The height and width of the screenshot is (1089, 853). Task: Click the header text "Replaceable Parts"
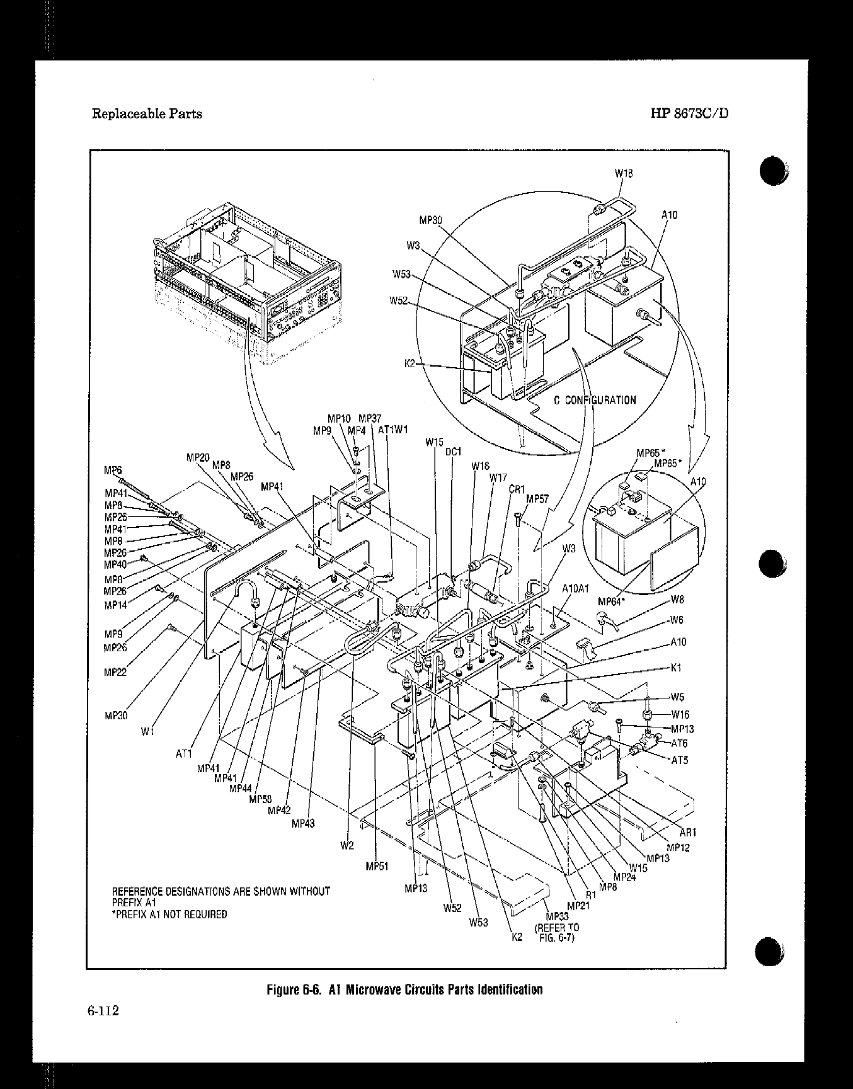(x=147, y=114)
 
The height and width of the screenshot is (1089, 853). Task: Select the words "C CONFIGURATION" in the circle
(x=595, y=400)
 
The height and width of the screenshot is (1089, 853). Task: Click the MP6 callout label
(x=113, y=470)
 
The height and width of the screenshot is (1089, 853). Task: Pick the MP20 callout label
(x=198, y=457)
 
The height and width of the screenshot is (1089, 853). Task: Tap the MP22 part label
(x=115, y=672)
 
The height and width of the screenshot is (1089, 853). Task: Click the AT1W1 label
(x=393, y=430)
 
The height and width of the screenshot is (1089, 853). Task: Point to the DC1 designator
(x=454, y=452)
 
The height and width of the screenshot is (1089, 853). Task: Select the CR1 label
(x=517, y=489)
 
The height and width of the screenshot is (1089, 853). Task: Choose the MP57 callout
(x=537, y=499)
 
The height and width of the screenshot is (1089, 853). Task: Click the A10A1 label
(x=575, y=588)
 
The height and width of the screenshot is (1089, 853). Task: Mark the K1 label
(x=677, y=668)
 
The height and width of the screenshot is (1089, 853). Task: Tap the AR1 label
(x=687, y=832)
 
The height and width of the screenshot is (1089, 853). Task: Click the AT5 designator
(x=679, y=760)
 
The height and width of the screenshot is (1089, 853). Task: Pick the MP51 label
(x=377, y=865)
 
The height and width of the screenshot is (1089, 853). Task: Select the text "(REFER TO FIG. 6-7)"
(x=556, y=932)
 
